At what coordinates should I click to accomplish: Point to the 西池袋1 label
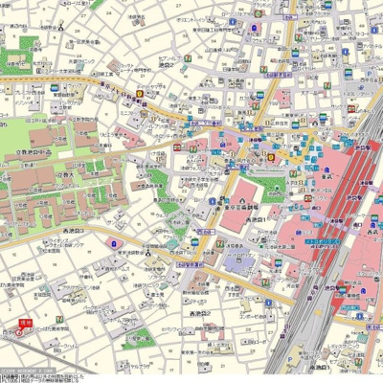point(259,221)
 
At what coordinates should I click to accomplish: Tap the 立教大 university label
point(66,178)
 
